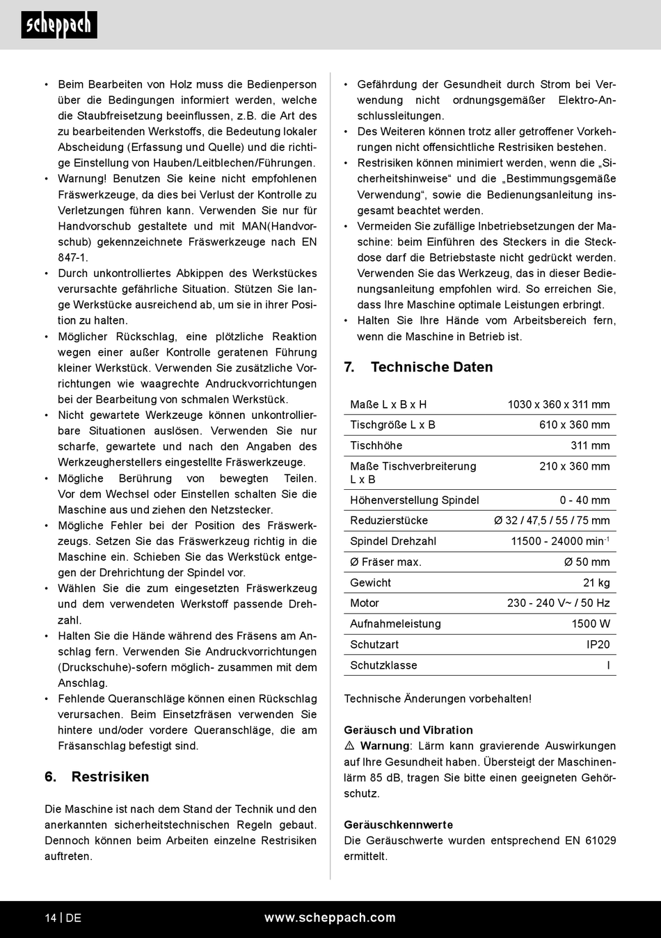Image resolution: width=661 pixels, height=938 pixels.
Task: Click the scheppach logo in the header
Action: [x=59, y=25]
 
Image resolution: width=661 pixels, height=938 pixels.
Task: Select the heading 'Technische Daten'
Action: [x=431, y=367]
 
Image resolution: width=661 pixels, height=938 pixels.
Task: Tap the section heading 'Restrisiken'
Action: [x=110, y=777]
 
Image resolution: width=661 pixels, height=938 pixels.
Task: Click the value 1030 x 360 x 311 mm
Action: [x=558, y=404]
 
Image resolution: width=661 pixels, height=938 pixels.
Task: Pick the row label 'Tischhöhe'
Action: [x=376, y=445]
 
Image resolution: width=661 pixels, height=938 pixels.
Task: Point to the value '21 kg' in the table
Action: [x=596, y=583]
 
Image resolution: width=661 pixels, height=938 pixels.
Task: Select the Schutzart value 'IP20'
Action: [x=598, y=645]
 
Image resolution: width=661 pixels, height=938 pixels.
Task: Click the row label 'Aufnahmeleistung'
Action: [x=395, y=624]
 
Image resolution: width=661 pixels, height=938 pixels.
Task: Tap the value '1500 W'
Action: [x=591, y=624]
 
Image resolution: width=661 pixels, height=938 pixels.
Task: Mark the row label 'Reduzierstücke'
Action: [x=389, y=520]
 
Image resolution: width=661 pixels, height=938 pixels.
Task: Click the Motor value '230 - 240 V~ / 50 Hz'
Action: [x=558, y=603]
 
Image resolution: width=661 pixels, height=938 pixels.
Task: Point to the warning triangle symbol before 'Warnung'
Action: [x=349, y=746]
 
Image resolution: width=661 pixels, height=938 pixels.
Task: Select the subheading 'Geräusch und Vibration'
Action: [x=408, y=730]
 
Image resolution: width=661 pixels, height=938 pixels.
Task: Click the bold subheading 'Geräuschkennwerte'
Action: [x=398, y=825]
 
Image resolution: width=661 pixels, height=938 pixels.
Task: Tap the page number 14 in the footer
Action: [x=51, y=918]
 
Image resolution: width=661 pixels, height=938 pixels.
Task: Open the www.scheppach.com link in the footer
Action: [x=330, y=918]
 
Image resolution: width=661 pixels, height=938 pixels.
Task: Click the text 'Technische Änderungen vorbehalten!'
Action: [x=437, y=699]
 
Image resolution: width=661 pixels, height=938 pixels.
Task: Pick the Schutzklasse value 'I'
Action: [x=608, y=666]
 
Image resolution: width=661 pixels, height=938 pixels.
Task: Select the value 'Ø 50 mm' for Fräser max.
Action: [x=587, y=562]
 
